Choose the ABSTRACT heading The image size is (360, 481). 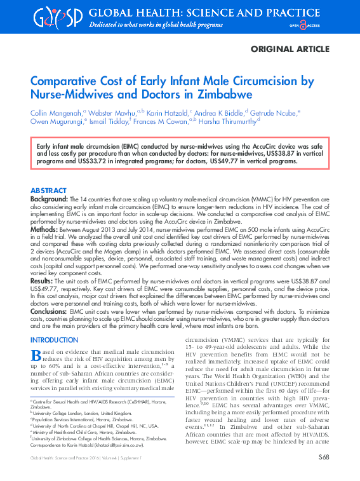click(48, 191)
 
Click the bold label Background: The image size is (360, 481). click(50, 199)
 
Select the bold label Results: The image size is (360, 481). click(43, 281)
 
